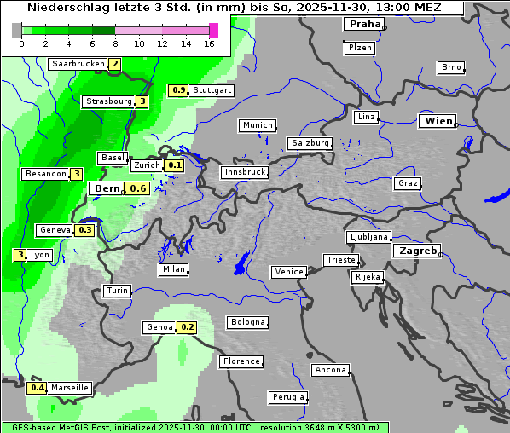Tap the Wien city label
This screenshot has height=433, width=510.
(x=438, y=121)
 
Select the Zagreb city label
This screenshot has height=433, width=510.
(x=416, y=251)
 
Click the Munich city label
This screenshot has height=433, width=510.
(x=257, y=125)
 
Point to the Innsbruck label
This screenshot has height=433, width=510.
(x=244, y=172)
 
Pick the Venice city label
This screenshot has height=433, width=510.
(x=288, y=272)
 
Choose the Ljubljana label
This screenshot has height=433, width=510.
(x=368, y=237)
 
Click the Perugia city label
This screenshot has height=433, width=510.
(x=287, y=397)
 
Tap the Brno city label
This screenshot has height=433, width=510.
(x=450, y=67)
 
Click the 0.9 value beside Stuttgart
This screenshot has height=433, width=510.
(x=179, y=90)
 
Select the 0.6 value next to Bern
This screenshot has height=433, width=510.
(x=138, y=188)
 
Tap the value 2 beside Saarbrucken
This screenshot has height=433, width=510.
(x=114, y=64)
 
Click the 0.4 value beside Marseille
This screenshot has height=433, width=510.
(x=38, y=388)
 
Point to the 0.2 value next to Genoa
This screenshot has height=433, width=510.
(x=187, y=327)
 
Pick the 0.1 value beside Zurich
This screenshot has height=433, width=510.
(x=174, y=165)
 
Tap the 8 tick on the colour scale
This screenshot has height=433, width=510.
(x=115, y=44)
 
